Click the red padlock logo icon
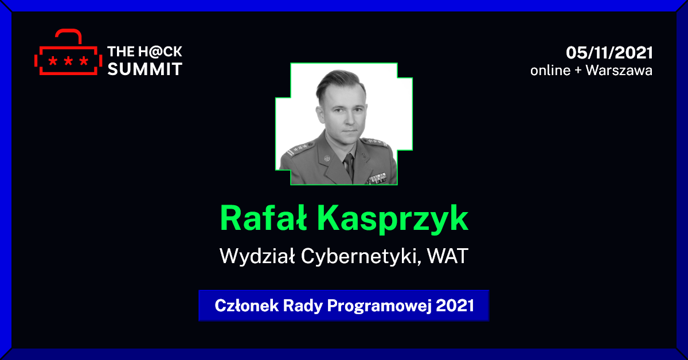(68, 52)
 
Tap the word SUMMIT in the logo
(145, 69)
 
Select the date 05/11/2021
(609, 53)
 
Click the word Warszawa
(619, 71)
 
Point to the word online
(550, 71)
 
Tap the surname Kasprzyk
(393, 220)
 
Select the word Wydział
(257, 256)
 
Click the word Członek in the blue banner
(247, 306)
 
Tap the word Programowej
(380, 306)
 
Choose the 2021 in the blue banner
(455, 306)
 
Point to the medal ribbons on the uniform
(377, 178)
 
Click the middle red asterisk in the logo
(68, 61)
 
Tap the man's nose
(349, 118)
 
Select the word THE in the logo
(121, 52)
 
